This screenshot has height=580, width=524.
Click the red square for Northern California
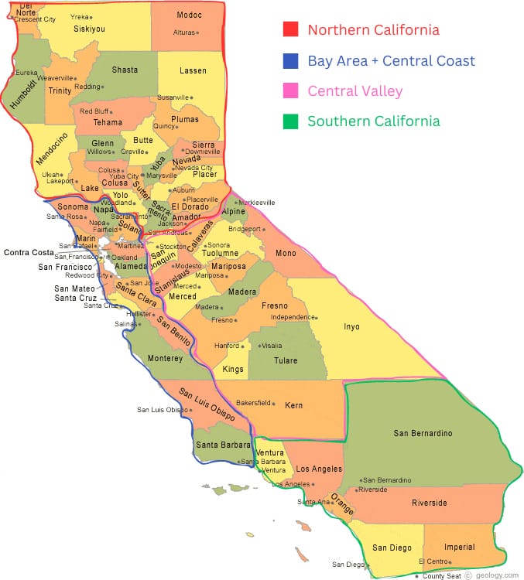coord(290,30)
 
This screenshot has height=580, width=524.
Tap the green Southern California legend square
coord(290,121)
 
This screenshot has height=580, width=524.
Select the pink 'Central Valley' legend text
coord(354,91)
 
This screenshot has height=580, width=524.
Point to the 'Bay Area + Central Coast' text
coord(391,61)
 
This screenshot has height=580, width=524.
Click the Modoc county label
coord(189,15)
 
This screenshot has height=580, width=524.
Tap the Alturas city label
coord(183,32)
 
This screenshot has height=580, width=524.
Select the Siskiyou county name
coord(89,29)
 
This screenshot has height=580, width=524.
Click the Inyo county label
coord(351,326)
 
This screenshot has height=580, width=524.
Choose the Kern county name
coord(293,405)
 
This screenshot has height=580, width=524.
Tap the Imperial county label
coord(460,547)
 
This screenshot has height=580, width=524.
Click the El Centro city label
coord(432,561)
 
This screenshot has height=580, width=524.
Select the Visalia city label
coord(272,346)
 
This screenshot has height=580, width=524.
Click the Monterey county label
coord(165,358)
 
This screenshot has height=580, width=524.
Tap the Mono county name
coord(285,253)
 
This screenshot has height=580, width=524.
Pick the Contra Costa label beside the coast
coord(29,253)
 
